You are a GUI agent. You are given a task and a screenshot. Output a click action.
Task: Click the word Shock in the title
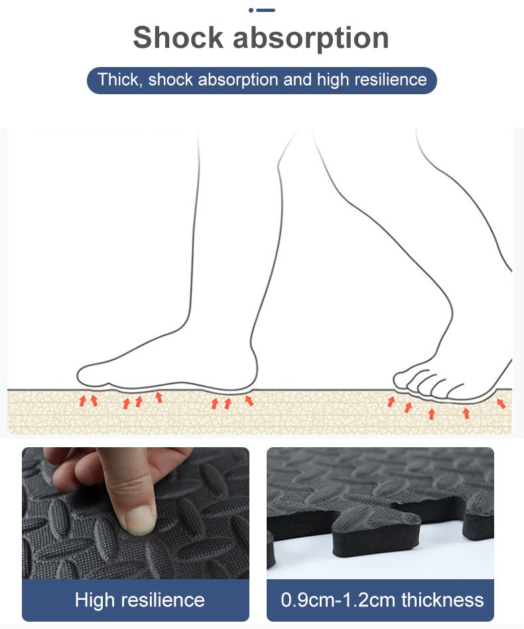178,37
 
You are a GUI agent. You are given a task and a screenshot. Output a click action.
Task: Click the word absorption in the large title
310,39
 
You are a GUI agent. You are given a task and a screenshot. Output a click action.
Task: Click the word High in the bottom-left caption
95,600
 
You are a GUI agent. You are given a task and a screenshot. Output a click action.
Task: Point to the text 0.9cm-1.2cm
338,600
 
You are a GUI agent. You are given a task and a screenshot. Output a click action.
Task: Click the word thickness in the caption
442,600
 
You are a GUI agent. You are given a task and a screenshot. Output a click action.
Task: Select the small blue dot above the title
251,10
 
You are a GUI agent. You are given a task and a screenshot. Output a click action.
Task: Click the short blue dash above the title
265,10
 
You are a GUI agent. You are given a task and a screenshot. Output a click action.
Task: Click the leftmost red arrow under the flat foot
83,400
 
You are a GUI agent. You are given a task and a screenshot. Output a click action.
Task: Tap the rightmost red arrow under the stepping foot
501,403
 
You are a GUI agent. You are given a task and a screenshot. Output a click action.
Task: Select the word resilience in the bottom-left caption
163,600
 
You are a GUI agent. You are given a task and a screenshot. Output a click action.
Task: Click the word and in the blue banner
297,80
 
